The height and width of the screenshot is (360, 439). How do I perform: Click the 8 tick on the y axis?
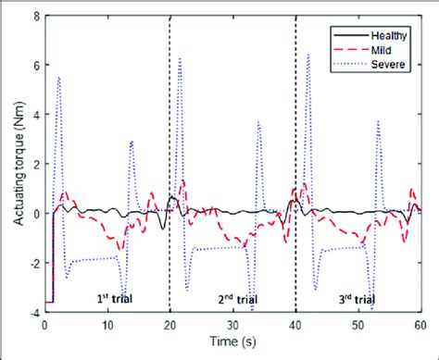pos(34,16)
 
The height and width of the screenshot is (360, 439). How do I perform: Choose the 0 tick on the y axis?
pos(34,214)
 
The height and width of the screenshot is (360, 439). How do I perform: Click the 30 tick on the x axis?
pos(232,326)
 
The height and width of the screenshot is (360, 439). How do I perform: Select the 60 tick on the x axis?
pos(420,326)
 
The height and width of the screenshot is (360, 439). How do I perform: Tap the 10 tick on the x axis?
pos(107,326)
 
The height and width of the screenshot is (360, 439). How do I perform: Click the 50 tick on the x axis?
pos(358,326)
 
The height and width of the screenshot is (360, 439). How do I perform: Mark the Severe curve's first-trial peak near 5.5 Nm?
pos(58,77)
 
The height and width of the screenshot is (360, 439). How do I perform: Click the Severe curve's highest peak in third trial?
pos(307,54)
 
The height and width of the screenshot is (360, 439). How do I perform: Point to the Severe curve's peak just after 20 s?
pos(180,58)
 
